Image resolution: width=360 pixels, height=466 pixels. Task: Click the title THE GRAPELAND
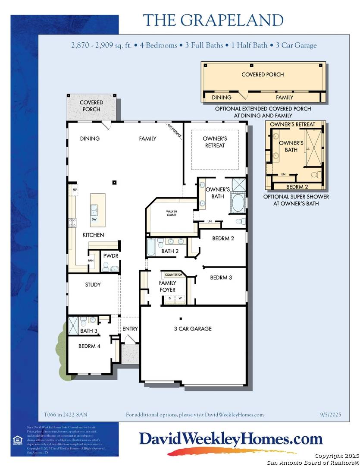coord(213,20)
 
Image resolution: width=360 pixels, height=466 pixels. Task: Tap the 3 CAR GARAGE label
coord(193,329)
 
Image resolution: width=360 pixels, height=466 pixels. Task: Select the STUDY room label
coord(93,285)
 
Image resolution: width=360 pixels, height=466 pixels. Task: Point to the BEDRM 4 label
coord(89,346)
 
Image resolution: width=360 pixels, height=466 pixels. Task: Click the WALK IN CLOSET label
coord(172,213)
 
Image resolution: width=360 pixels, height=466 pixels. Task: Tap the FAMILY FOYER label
coord(167,287)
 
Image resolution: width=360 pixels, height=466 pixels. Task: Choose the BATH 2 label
coord(170,251)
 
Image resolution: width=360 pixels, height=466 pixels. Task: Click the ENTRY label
coord(130,329)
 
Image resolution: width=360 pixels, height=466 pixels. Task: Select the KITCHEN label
coord(94,235)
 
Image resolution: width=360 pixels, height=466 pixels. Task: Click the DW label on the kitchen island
coord(94,219)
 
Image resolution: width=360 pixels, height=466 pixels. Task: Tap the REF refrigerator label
coord(75,189)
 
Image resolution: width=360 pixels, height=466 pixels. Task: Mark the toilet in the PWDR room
coord(106,267)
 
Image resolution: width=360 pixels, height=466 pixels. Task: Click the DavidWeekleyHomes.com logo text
coord(230,439)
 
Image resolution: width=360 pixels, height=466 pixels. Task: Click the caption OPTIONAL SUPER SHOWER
coord(296,197)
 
